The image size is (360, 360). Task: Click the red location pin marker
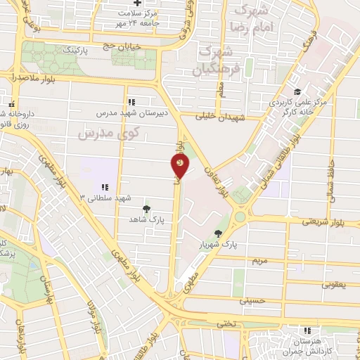coord(180,167)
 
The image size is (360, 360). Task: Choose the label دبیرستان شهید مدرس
coord(127,112)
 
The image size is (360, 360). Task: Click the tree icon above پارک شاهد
coord(146,208)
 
